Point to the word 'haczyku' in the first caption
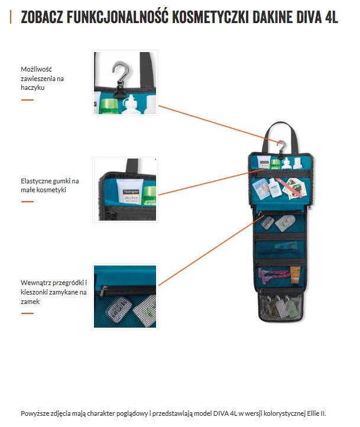[33, 87]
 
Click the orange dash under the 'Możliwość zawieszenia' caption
[27, 99]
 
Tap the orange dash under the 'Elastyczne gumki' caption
[27, 201]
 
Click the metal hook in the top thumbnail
[121, 73]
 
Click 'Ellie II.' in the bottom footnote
[314, 413]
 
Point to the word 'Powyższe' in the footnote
[35, 413]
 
